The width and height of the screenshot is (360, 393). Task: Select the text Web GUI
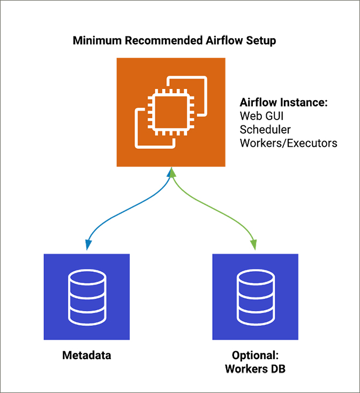click(x=260, y=116)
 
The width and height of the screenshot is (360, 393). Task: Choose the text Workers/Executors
click(x=288, y=143)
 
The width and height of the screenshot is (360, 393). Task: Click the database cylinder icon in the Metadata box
click(x=86, y=296)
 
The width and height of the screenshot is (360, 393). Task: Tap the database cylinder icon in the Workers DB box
click(x=255, y=296)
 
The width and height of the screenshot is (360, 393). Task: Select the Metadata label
click(x=86, y=355)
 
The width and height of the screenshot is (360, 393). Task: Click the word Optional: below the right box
click(x=255, y=355)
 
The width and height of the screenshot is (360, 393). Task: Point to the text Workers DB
click(x=255, y=369)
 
